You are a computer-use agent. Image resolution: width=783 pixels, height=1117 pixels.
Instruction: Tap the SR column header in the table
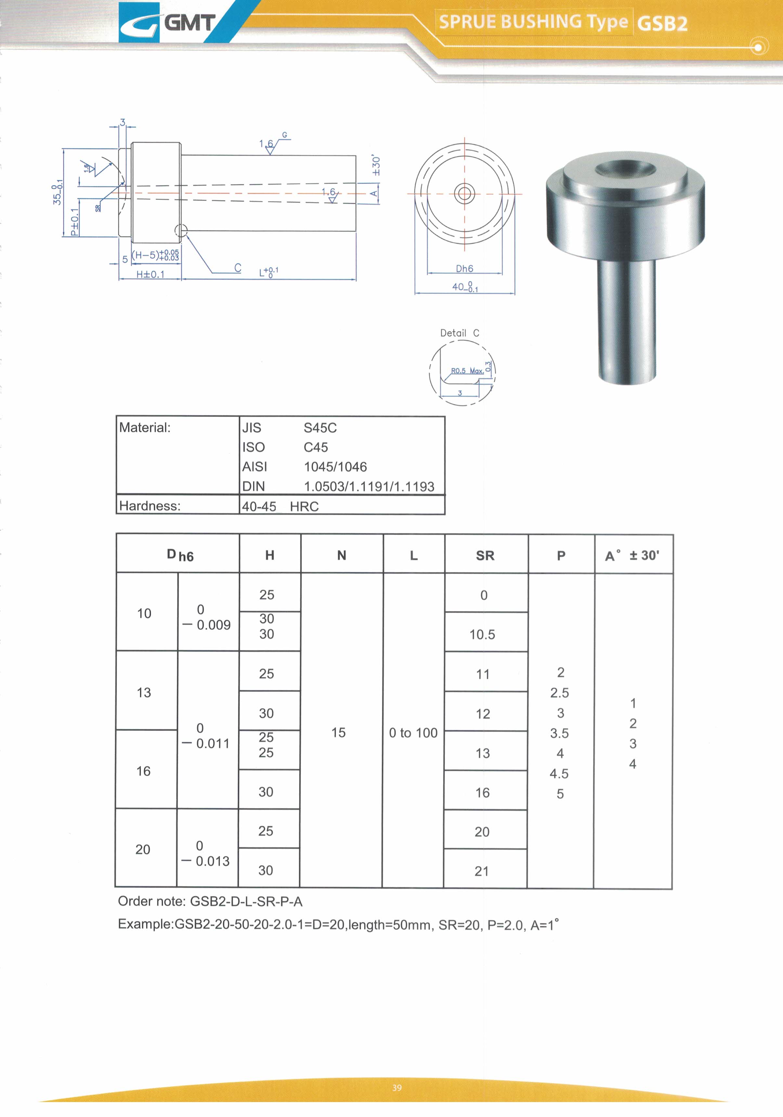[x=485, y=555]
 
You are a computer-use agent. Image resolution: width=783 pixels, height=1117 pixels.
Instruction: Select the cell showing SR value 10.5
[x=482, y=634]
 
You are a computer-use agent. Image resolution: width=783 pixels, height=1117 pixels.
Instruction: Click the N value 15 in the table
[x=338, y=732]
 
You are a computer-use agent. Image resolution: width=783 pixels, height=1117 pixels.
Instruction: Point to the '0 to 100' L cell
[x=413, y=733]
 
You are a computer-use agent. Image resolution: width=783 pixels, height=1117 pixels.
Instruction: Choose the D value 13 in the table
[x=144, y=692]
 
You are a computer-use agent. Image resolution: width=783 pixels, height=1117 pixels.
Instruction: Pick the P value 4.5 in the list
[x=559, y=773]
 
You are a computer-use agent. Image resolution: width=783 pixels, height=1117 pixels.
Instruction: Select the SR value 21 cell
[x=482, y=871]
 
